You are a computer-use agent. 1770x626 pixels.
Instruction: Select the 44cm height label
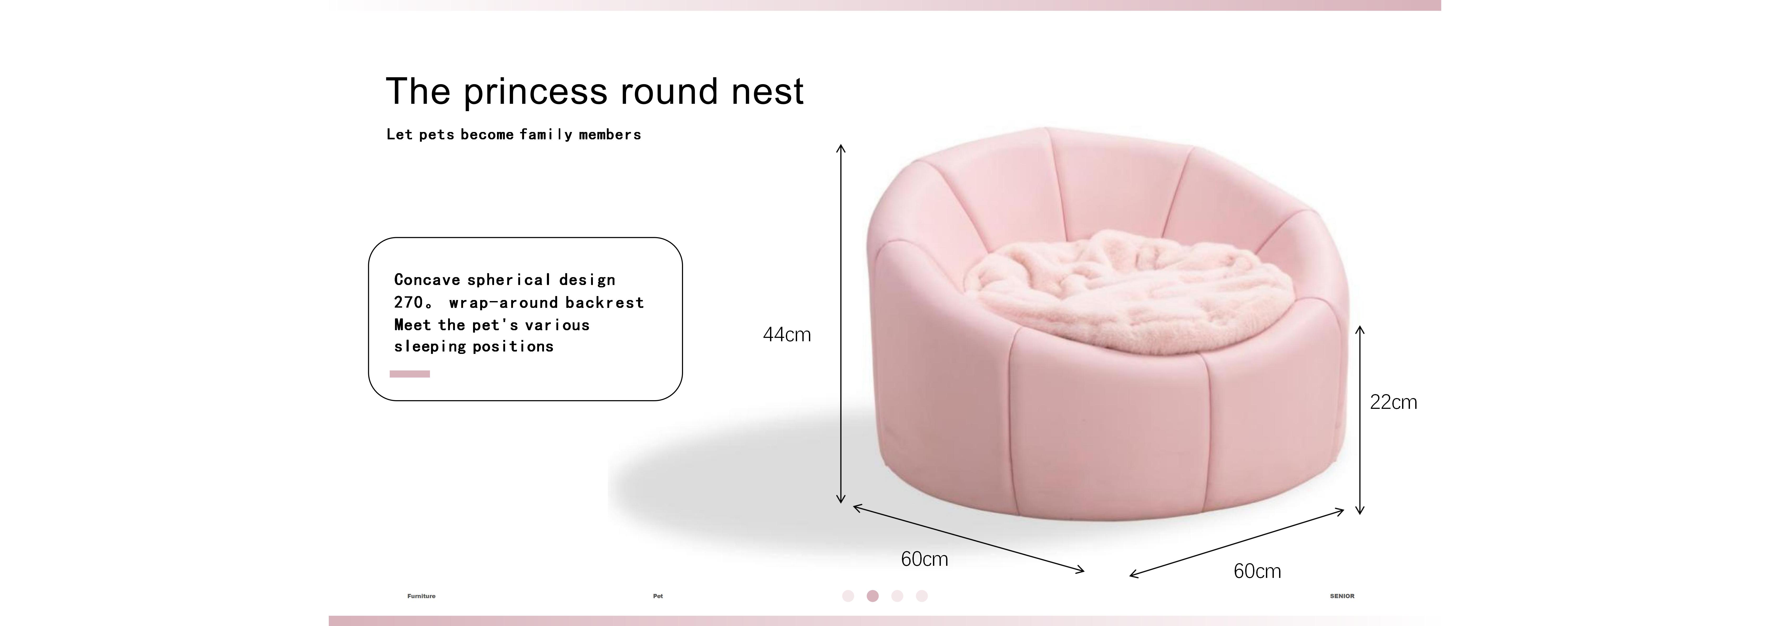tap(787, 335)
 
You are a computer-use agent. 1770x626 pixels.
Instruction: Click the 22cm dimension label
tap(1393, 402)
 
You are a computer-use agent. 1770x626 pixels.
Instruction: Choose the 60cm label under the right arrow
tap(1257, 571)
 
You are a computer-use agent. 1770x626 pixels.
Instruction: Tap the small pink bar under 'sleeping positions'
tap(409, 374)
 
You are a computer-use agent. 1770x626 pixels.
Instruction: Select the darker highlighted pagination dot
tap(873, 596)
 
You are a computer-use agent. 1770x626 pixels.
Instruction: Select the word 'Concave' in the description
tap(427, 280)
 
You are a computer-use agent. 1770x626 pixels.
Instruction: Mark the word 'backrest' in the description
tap(605, 302)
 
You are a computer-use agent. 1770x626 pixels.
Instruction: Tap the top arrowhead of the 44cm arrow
tap(840, 147)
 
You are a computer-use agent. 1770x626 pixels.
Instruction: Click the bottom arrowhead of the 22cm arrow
tap(1359, 511)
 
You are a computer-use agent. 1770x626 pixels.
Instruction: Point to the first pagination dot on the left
tap(848, 596)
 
